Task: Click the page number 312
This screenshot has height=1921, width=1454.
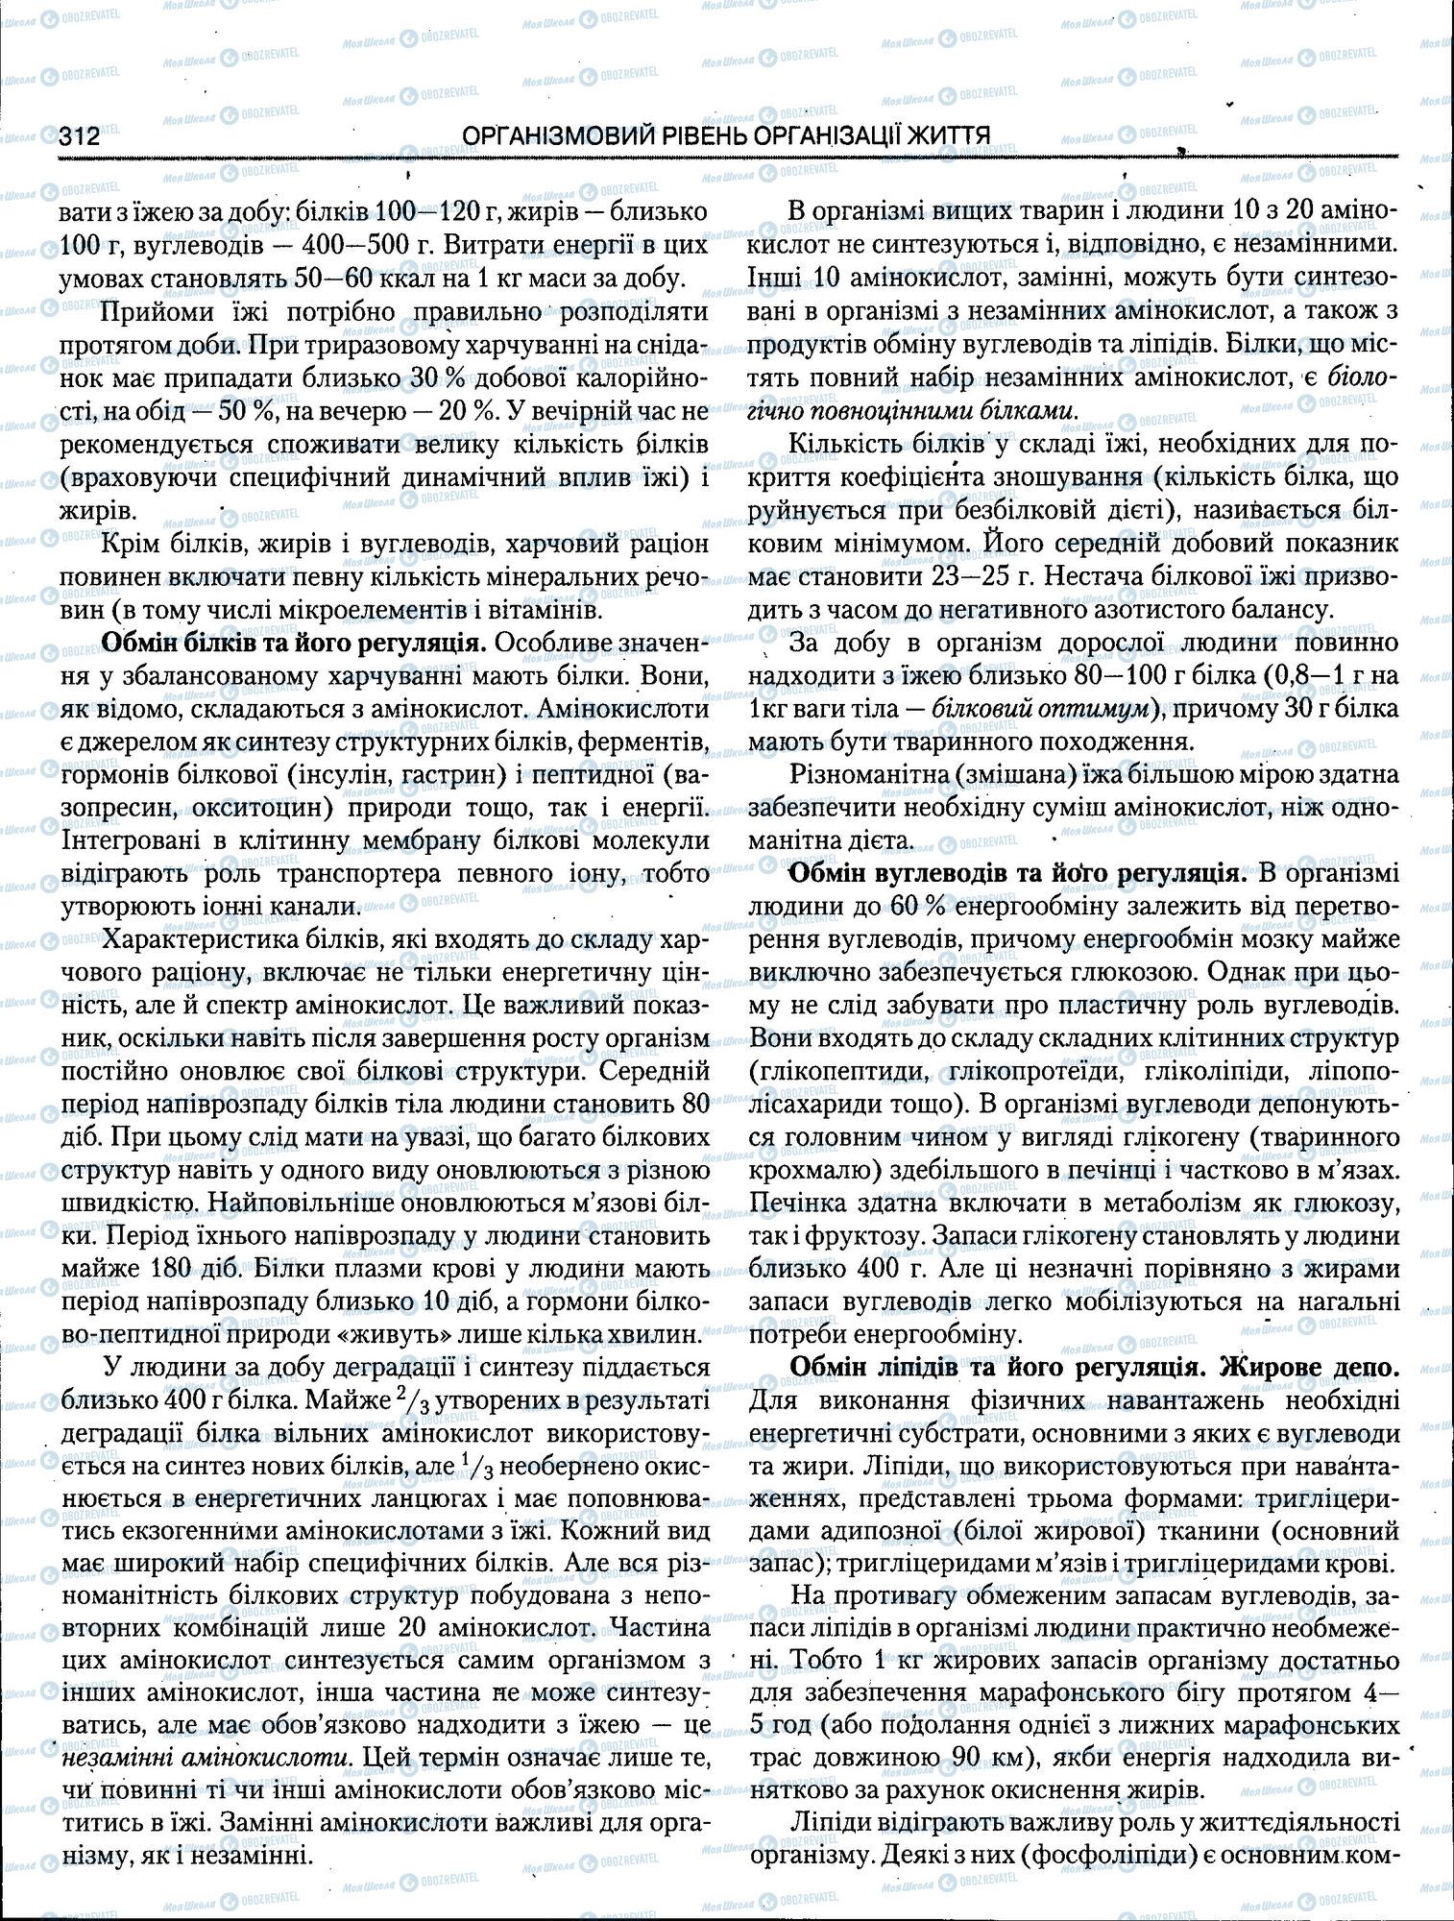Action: [80, 136]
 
